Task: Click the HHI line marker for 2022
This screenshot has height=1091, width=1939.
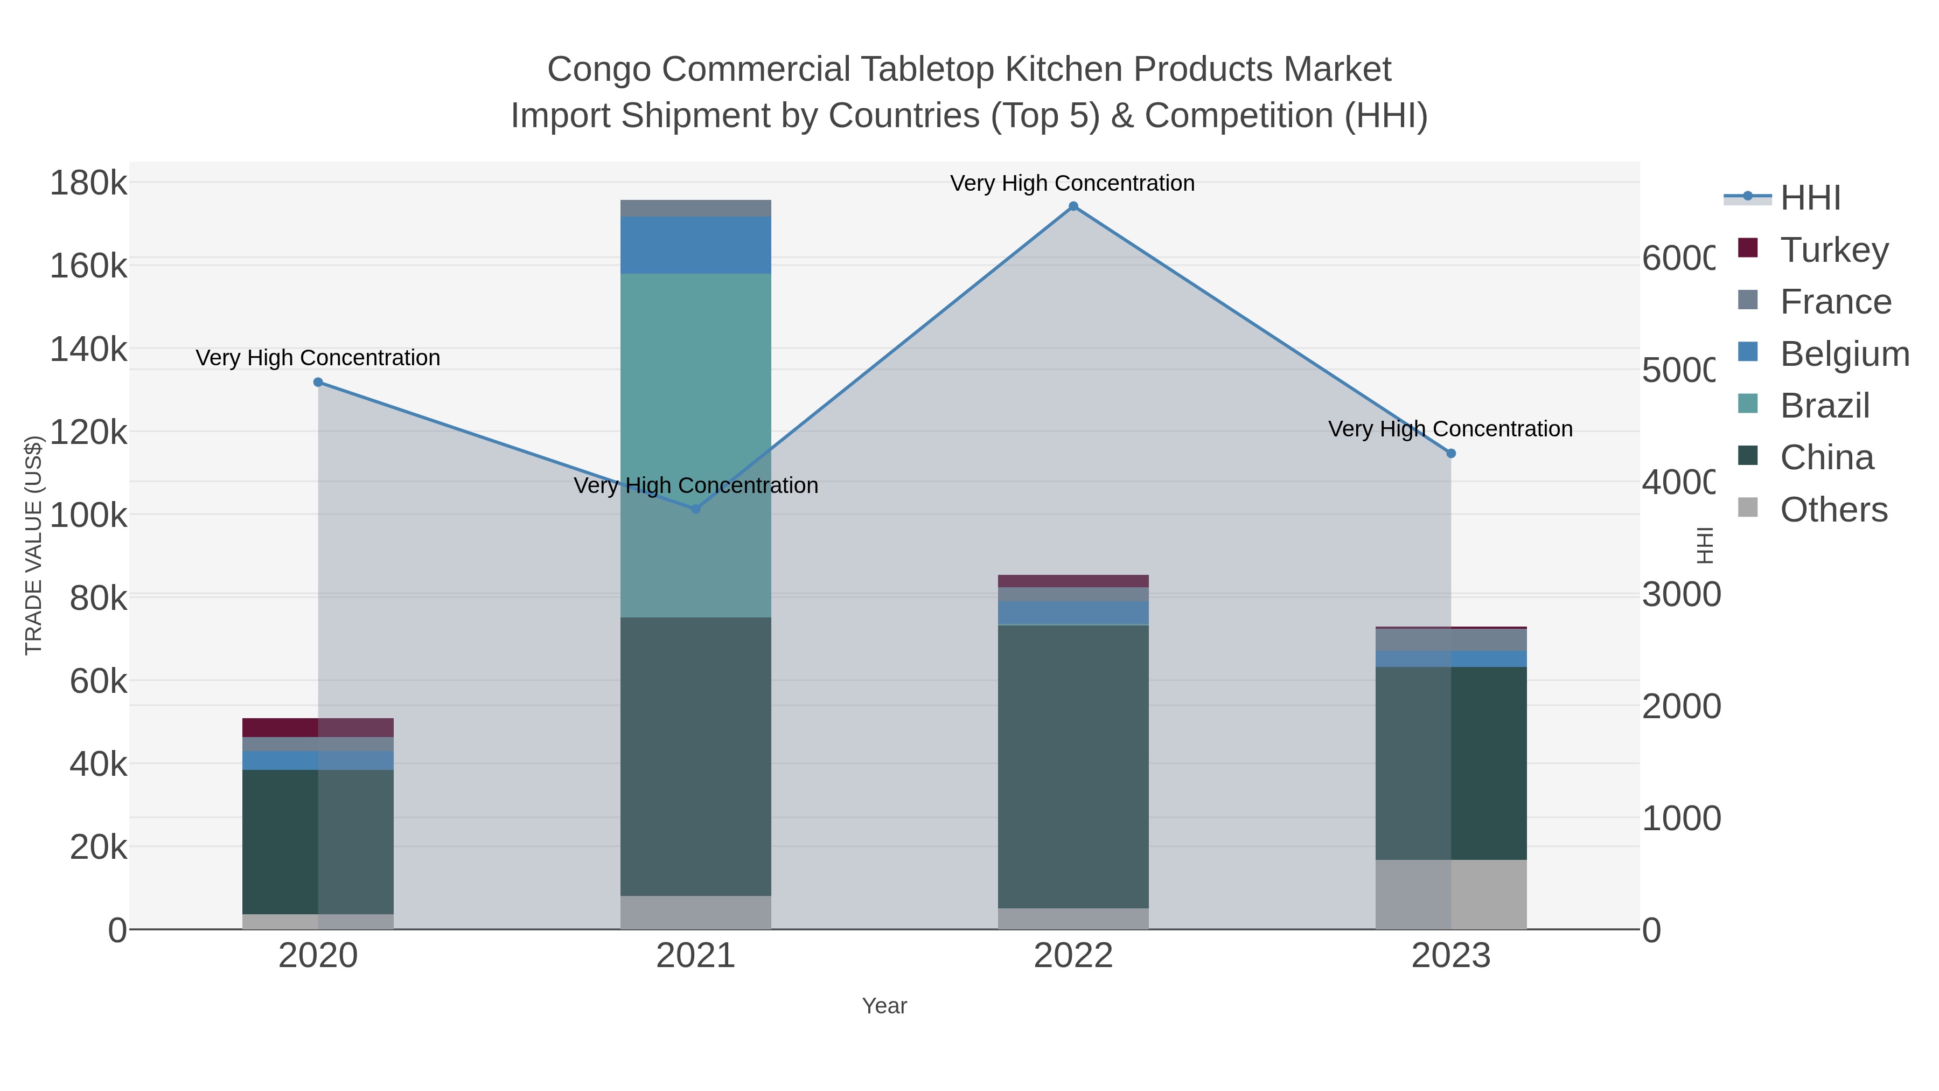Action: pos(1073,206)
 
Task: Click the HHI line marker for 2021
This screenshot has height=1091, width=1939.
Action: pos(695,509)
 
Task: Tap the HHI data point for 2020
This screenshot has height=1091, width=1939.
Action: pos(318,383)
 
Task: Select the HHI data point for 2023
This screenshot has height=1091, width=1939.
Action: pos(1451,453)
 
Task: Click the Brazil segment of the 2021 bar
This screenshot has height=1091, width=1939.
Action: pos(695,444)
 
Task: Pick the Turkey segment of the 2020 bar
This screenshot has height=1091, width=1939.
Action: pos(318,727)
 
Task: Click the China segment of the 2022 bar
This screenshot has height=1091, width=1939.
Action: pos(1073,767)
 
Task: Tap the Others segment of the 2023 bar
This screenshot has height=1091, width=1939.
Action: pos(1451,894)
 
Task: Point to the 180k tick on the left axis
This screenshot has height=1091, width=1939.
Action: pos(89,183)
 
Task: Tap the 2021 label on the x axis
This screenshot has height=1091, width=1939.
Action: pos(695,956)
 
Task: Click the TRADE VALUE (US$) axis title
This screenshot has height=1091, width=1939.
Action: pos(34,545)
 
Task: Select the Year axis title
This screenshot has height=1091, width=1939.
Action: pos(884,1006)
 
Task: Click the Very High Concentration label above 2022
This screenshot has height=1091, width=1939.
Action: pos(1072,183)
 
